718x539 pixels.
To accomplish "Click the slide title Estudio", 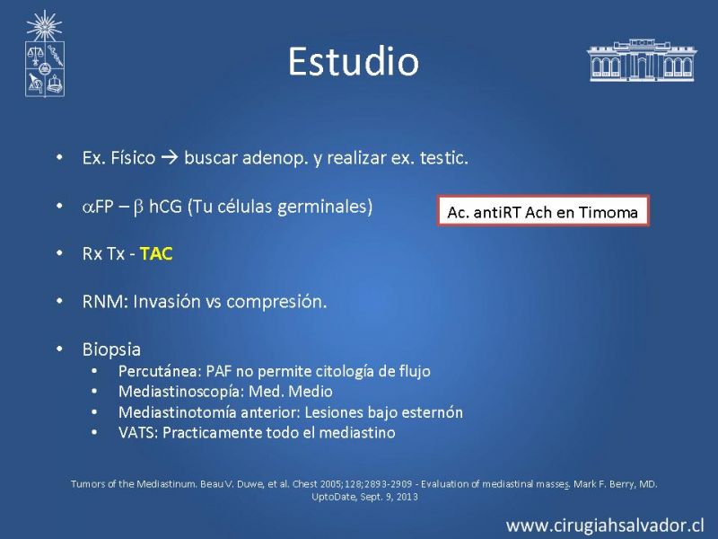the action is (354, 61).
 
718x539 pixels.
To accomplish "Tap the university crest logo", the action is (44, 54).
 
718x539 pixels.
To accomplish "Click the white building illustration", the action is (642, 60).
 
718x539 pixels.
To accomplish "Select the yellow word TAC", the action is (156, 253).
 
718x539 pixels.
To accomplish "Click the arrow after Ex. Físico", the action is (170, 158).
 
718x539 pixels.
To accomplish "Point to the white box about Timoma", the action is (543, 211).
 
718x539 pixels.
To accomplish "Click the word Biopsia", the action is (111, 349).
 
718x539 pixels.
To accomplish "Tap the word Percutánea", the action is (160, 371).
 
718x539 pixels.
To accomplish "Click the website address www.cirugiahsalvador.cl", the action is (605, 526).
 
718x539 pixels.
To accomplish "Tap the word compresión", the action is (276, 302).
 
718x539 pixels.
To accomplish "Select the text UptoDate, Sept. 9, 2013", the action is (364, 497).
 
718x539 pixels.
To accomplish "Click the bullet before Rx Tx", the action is (59, 253).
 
